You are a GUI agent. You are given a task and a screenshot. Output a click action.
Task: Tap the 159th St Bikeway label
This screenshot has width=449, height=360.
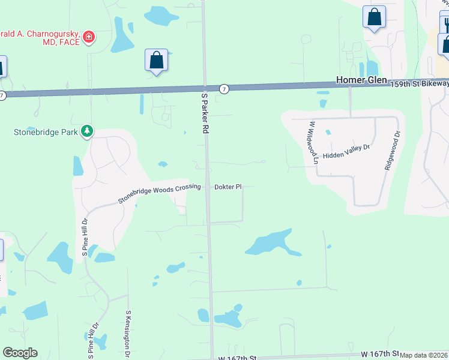(x=418, y=83)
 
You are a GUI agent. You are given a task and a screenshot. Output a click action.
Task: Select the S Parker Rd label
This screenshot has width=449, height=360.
(x=204, y=116)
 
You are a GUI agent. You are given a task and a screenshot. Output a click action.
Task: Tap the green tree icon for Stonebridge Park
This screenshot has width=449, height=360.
(x=87, y=131)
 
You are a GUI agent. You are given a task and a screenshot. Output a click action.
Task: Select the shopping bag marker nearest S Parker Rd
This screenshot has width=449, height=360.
(x=156, y=61)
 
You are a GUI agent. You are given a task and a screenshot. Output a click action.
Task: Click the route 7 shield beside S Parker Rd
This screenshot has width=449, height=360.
(x=223, y=89)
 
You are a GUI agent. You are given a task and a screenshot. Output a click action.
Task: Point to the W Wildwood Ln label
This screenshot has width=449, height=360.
(x=313, y=142)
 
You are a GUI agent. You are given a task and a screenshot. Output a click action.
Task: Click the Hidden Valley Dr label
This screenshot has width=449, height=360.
(x=348, y=155)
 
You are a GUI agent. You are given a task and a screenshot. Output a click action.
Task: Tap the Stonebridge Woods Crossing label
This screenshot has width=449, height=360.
(x=159, y=193)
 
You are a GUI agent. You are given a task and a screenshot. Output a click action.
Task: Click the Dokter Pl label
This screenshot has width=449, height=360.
(x=228, y=187)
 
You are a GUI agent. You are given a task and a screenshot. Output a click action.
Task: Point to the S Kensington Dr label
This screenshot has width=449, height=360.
(x=128, y=334)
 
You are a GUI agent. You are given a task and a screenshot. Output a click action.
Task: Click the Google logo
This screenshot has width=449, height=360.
(x=20, y=353)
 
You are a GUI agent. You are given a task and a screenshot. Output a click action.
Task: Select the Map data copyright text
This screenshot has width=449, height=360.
(x=424, y=355)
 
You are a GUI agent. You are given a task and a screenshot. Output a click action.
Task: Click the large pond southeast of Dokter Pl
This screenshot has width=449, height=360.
(x=270, y=243)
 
